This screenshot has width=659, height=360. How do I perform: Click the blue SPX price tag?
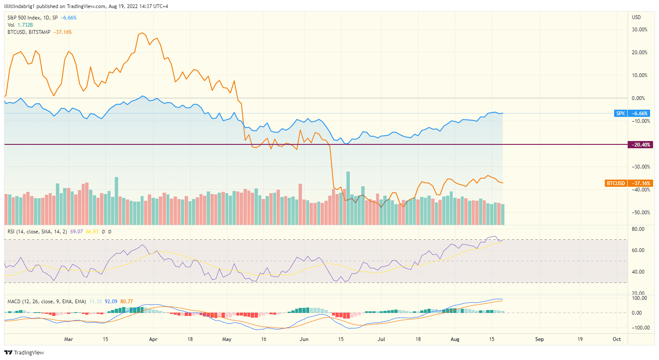(x=620, y=114)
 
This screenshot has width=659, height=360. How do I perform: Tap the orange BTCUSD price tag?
(x=615, y=183)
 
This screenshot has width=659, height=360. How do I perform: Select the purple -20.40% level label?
(x=641, y=145)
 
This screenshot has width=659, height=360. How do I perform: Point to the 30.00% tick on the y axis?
(x=640, y=30)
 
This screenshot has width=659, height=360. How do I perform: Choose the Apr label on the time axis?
(x=153, y=339)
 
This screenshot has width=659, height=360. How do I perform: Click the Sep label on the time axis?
(x=539, y=339)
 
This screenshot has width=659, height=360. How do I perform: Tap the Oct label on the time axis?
(x=617, y=339)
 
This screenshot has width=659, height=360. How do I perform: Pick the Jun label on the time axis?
(x=304, y=339)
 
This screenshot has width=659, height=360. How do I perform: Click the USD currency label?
(x=636, y=17)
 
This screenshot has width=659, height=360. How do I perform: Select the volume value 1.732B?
(x=25, y=25)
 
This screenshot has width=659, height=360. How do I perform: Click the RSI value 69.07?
(x=76, y=232)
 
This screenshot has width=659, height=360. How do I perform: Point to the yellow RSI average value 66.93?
(x=92, y=232)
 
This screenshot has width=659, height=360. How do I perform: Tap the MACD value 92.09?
(x=111, y=302)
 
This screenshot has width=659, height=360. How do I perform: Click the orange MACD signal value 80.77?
(x=127, y=302)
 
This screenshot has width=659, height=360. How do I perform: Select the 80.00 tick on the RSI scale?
(x=638, y=229)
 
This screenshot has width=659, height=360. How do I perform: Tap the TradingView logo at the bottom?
(x=24, y=352)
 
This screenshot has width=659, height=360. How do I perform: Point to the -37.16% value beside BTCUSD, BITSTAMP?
(x=63, y=32)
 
